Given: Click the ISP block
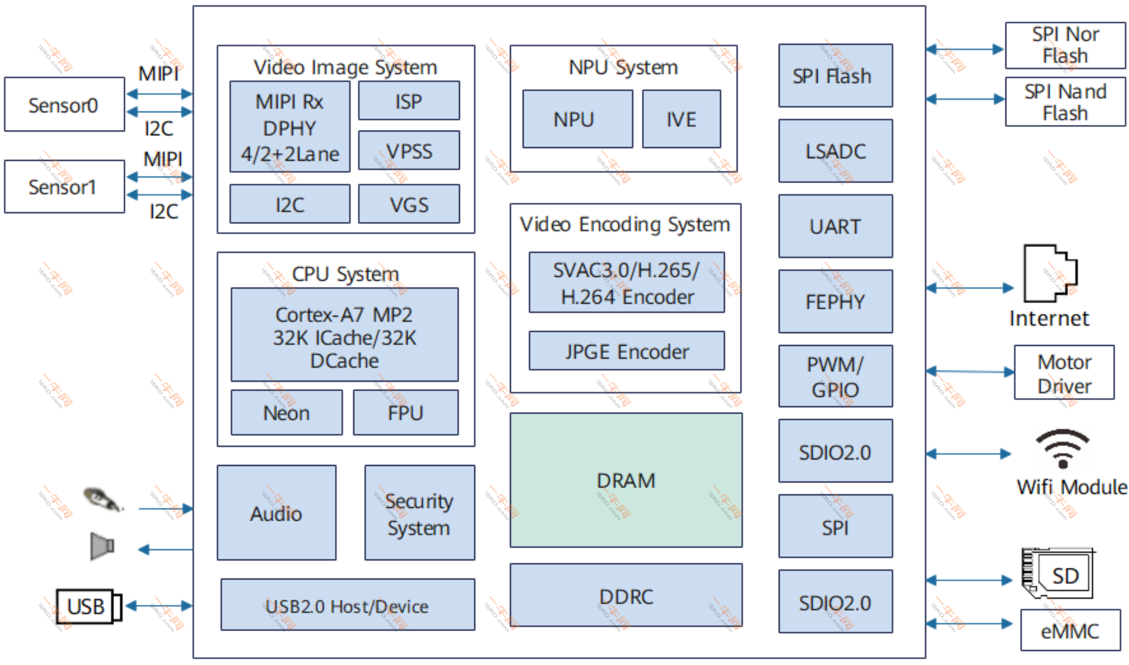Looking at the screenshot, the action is tap(409, 100).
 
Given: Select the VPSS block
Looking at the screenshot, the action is tap(409, 150).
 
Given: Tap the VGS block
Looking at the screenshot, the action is tap(409, 204).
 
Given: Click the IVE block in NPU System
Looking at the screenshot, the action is tap(682, 119).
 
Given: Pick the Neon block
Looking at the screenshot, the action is tap(286, 412).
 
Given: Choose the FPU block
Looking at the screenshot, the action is tap(406, 412).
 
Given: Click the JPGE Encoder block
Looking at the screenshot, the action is tap(627, 351).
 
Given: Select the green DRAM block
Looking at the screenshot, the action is tap(626, 480).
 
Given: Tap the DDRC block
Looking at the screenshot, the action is tap(626, 595).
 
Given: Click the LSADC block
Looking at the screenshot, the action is tap(836, 151).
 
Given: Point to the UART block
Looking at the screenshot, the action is tap(836, 226).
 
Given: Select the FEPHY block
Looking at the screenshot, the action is tap(836, 301).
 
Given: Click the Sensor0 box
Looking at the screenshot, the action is tap(65, 104).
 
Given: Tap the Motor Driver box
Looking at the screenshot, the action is tap(1064, 372).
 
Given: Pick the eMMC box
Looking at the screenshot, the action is tap(1071, 630).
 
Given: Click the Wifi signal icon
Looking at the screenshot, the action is tap(1063, 449).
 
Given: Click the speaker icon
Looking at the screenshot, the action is tap(102, 546).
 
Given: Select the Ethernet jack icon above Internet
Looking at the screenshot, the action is tap(1051, 273).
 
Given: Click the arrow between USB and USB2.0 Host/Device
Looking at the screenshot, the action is tap(159, 606).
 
